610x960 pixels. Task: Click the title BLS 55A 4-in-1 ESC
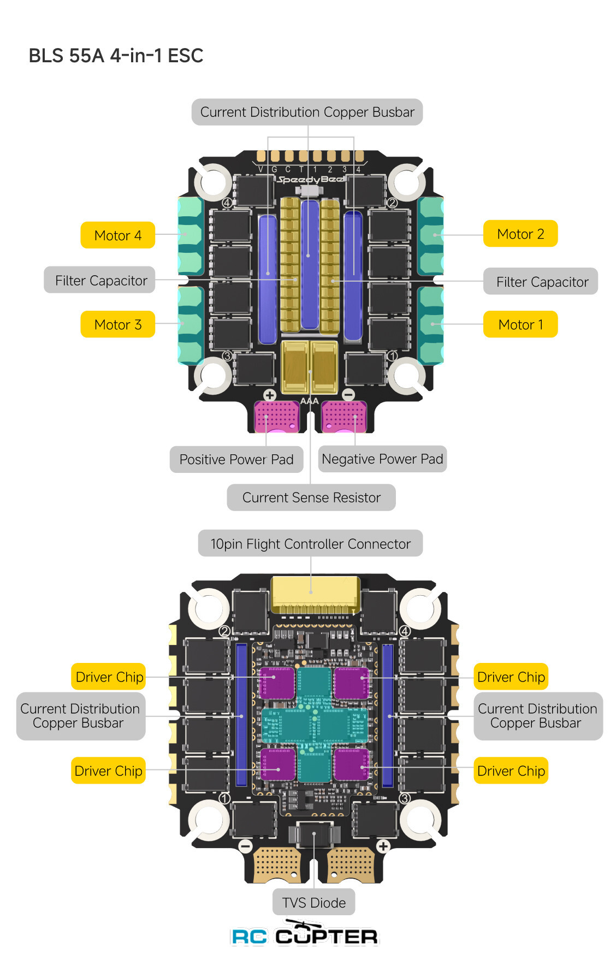tap(116, 56)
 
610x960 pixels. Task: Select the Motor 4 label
tap(118, 235)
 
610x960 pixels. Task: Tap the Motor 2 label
tap(520, 234)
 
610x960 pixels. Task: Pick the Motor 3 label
tap(118, 324)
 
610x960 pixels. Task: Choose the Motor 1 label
tap(520, 324)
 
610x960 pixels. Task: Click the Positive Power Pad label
tap(236, 459)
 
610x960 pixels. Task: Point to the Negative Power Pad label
tap(382, 459)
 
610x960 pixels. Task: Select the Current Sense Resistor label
tap(311, 497)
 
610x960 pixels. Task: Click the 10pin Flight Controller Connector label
tap(310, 543)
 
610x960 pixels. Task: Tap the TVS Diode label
tap(313, 902)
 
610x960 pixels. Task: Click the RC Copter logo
tap(305, 935)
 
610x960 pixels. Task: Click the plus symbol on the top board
tap(270, 395)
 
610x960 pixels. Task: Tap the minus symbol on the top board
tap(348, 395)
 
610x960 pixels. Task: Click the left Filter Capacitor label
tap(100, 280)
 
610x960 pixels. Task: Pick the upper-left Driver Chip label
tap(109, 677)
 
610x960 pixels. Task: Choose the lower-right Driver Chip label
tap(511, 771)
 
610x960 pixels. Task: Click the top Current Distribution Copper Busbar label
tap(307, 112)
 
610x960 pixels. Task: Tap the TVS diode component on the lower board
tap(315, 834)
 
